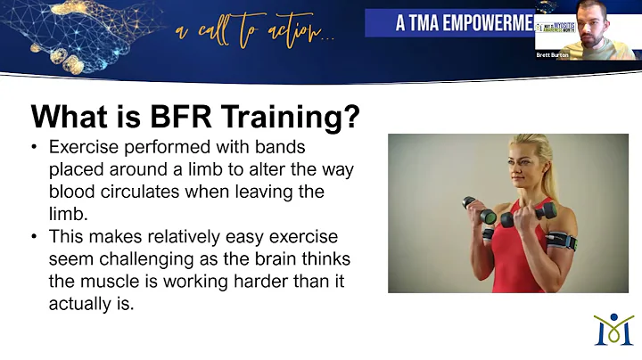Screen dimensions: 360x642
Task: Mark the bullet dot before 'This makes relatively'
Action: [x=35, y=237]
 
